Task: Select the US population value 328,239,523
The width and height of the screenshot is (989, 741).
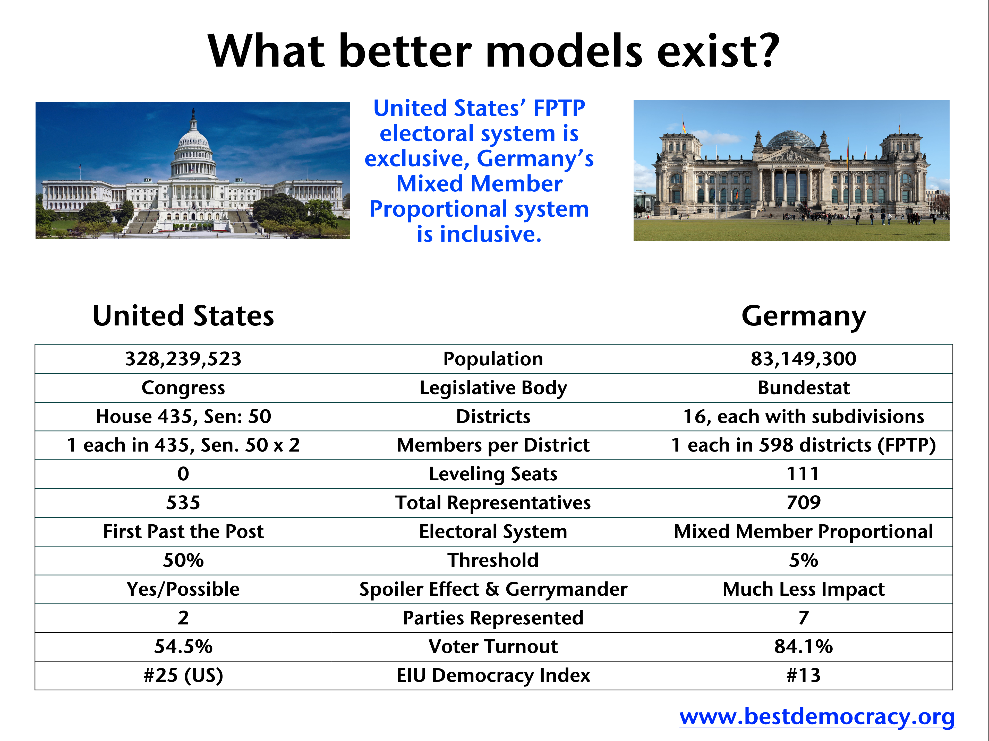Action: click(x=183, y=359)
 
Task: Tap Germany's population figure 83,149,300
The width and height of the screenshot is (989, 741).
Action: click(x=804, y=359)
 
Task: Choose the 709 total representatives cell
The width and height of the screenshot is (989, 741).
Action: click(x=804, y=502)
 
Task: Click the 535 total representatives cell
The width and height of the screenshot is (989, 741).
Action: click(x=183, y=502)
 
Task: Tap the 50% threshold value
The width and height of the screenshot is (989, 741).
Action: click(x=183, y=560)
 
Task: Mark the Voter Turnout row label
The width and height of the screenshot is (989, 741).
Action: click(x=493, y=646)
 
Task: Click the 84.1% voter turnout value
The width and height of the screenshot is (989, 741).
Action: click(x=804, y=646)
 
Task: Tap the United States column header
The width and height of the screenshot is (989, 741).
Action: click(x=183, y=316)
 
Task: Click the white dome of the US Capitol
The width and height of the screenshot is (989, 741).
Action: click(x=193, y=147)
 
